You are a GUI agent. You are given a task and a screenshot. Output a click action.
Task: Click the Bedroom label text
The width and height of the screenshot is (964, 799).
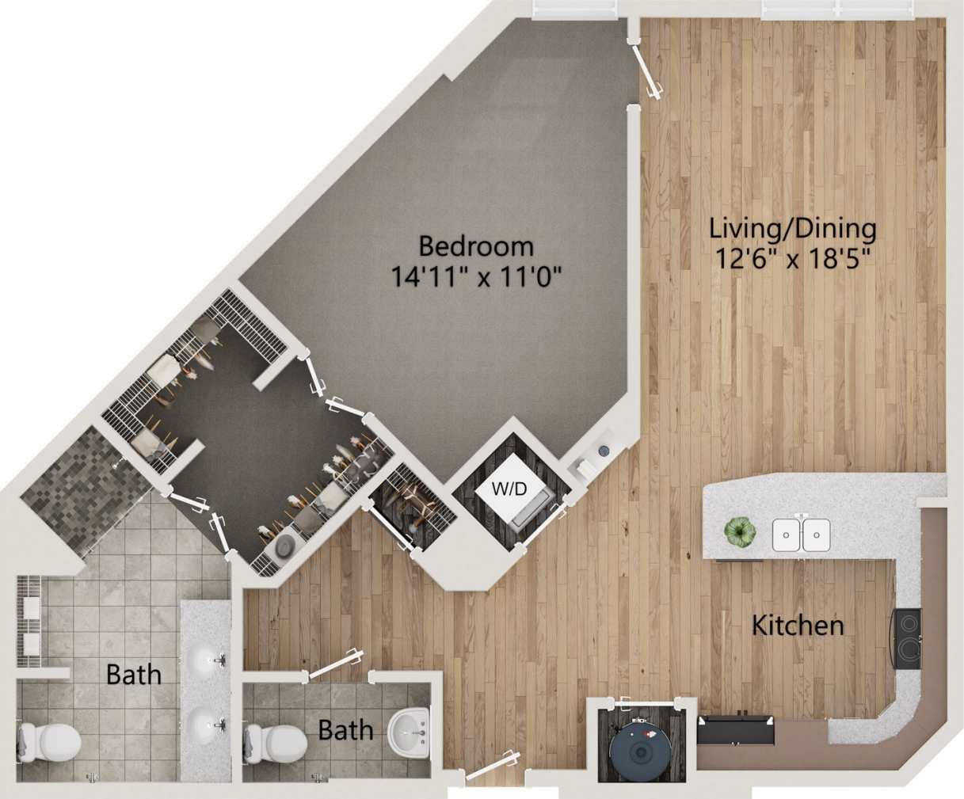(x=475, y=245)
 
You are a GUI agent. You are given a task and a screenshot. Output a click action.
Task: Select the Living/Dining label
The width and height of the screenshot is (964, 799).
(x=792, y=229)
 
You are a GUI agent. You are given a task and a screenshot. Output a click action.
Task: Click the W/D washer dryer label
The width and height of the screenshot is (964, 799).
(x=509, y=489)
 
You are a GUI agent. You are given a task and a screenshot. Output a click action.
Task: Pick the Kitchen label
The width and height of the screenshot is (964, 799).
(x=797, y=626)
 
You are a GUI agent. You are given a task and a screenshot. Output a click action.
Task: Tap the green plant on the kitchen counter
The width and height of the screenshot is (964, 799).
(x=740, y=532)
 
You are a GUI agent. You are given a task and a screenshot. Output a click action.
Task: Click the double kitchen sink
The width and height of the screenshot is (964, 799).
(x=801, y=535)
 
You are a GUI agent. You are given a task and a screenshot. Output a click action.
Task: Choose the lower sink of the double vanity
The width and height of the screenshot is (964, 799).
(x=205, y=723)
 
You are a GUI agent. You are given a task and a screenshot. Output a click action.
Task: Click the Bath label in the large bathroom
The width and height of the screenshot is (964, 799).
(x=134, y=675)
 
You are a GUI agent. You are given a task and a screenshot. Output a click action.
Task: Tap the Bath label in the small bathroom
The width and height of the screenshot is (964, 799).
(x=345, y=729)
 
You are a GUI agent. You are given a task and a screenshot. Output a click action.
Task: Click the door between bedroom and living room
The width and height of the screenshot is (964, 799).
(x=646, y=73)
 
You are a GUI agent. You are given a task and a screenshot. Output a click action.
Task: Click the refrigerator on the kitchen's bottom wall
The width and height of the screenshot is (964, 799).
(x=735, y=729)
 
